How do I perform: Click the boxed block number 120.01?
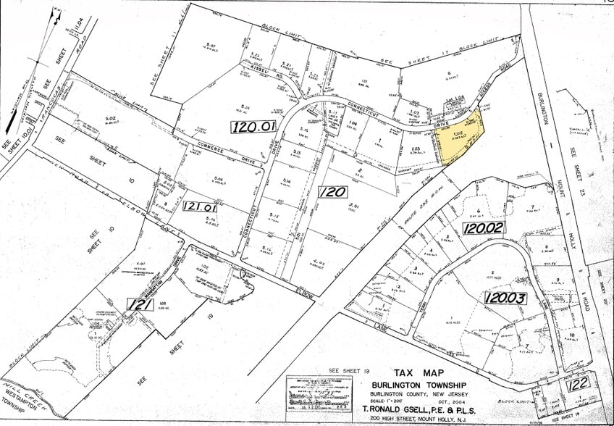pos(253,126)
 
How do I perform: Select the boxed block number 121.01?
pos(200,206)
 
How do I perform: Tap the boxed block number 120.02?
pos(484,227)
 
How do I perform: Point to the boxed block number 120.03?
pos(508,298)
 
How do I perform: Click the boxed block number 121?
pos(140,305)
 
